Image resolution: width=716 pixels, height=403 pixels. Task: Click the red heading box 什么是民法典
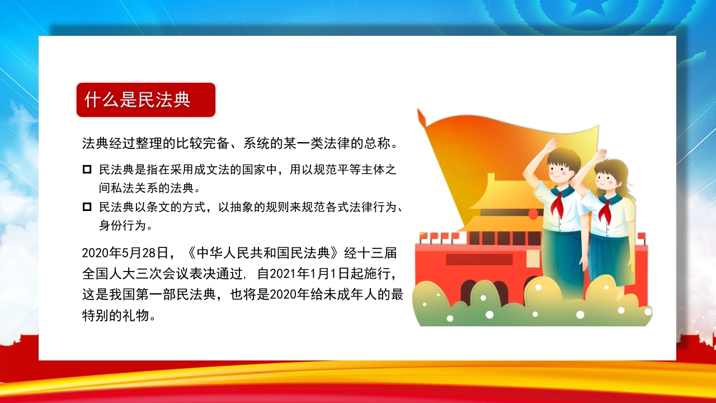[x=146, y=100]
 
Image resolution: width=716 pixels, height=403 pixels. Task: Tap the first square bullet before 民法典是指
[x=87, y=169]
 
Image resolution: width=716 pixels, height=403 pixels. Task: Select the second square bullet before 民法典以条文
[x=87, y=207]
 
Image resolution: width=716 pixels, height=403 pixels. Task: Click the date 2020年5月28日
[x=125, y=253]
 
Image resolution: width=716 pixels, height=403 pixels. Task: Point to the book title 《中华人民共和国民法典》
[x=263, y=253]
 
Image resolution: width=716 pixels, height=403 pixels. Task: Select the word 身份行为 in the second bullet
[x=123, y=226]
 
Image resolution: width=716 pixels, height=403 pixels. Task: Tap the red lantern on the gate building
[x=533, y=214]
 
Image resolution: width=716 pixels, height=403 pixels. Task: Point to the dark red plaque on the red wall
[x=479, y=260]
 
